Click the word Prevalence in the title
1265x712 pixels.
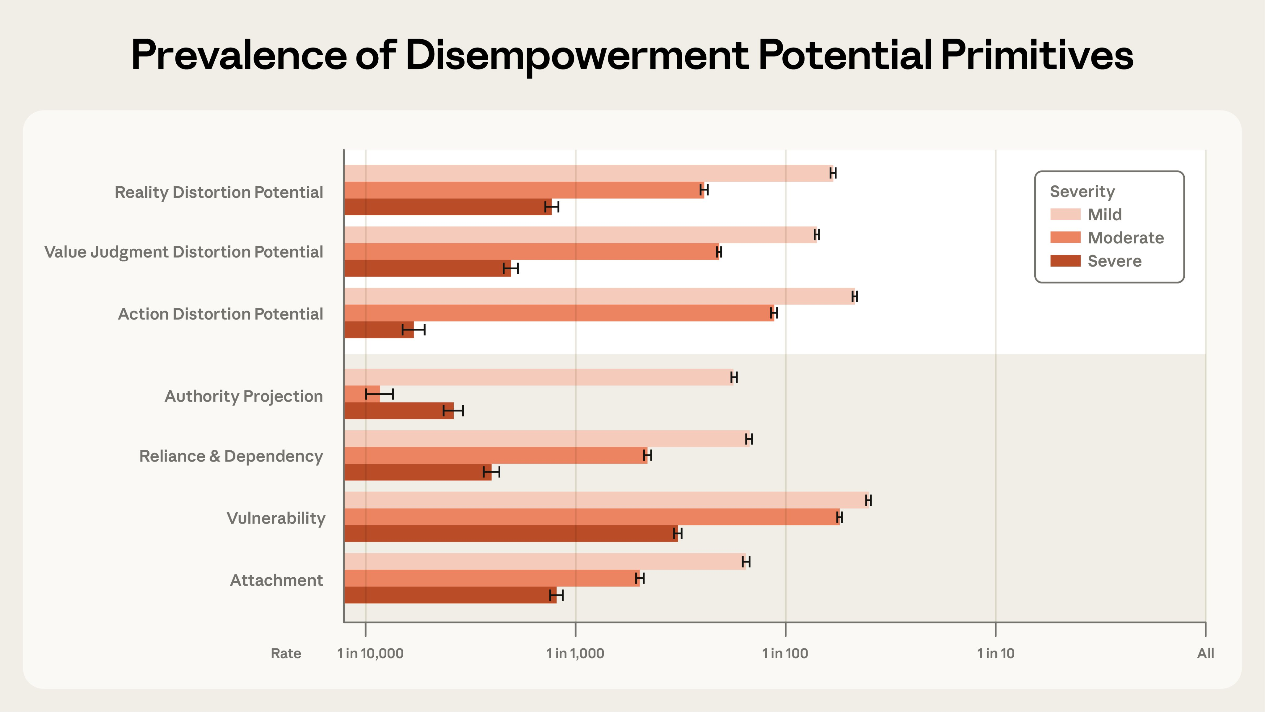[x=239, y=55]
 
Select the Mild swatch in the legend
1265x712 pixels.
[x=1065, y=214]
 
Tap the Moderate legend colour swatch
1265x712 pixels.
[x=1065, y=238]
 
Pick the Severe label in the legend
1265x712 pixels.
[x=1114, y=261]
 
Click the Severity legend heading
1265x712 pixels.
[x=1082, y=192]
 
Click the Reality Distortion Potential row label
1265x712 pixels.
[x=219, y=192]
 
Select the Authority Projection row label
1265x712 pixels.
[x=244, y=396]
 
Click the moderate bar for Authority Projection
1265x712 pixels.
[x=362, y=394]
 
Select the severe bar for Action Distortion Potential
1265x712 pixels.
[x=378, y=330]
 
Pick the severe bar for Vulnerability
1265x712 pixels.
[x=511, y=534]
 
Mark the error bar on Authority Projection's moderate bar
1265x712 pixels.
[x=380, y=394]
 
